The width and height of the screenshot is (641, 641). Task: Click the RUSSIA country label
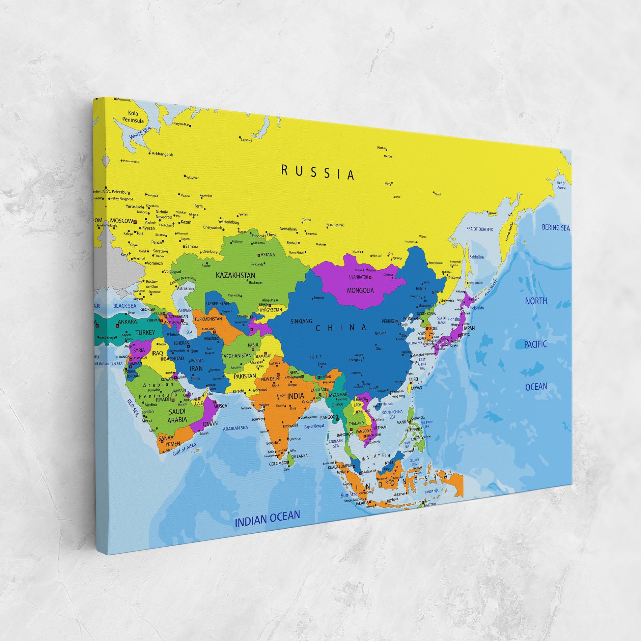318,173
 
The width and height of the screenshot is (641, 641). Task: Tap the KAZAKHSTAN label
235,276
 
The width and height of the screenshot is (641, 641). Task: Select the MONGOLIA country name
360,290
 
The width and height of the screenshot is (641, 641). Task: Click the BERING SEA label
556,228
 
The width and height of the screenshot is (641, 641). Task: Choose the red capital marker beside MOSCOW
135,222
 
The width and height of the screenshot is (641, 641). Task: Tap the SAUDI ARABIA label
177,416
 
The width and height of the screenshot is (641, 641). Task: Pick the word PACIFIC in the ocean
536,344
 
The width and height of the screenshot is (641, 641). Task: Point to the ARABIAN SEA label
235,428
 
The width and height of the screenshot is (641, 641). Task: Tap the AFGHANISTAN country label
238,356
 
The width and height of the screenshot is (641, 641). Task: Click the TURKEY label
145,332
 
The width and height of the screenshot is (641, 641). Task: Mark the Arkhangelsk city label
162,155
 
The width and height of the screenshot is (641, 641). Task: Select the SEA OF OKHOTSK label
480,229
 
